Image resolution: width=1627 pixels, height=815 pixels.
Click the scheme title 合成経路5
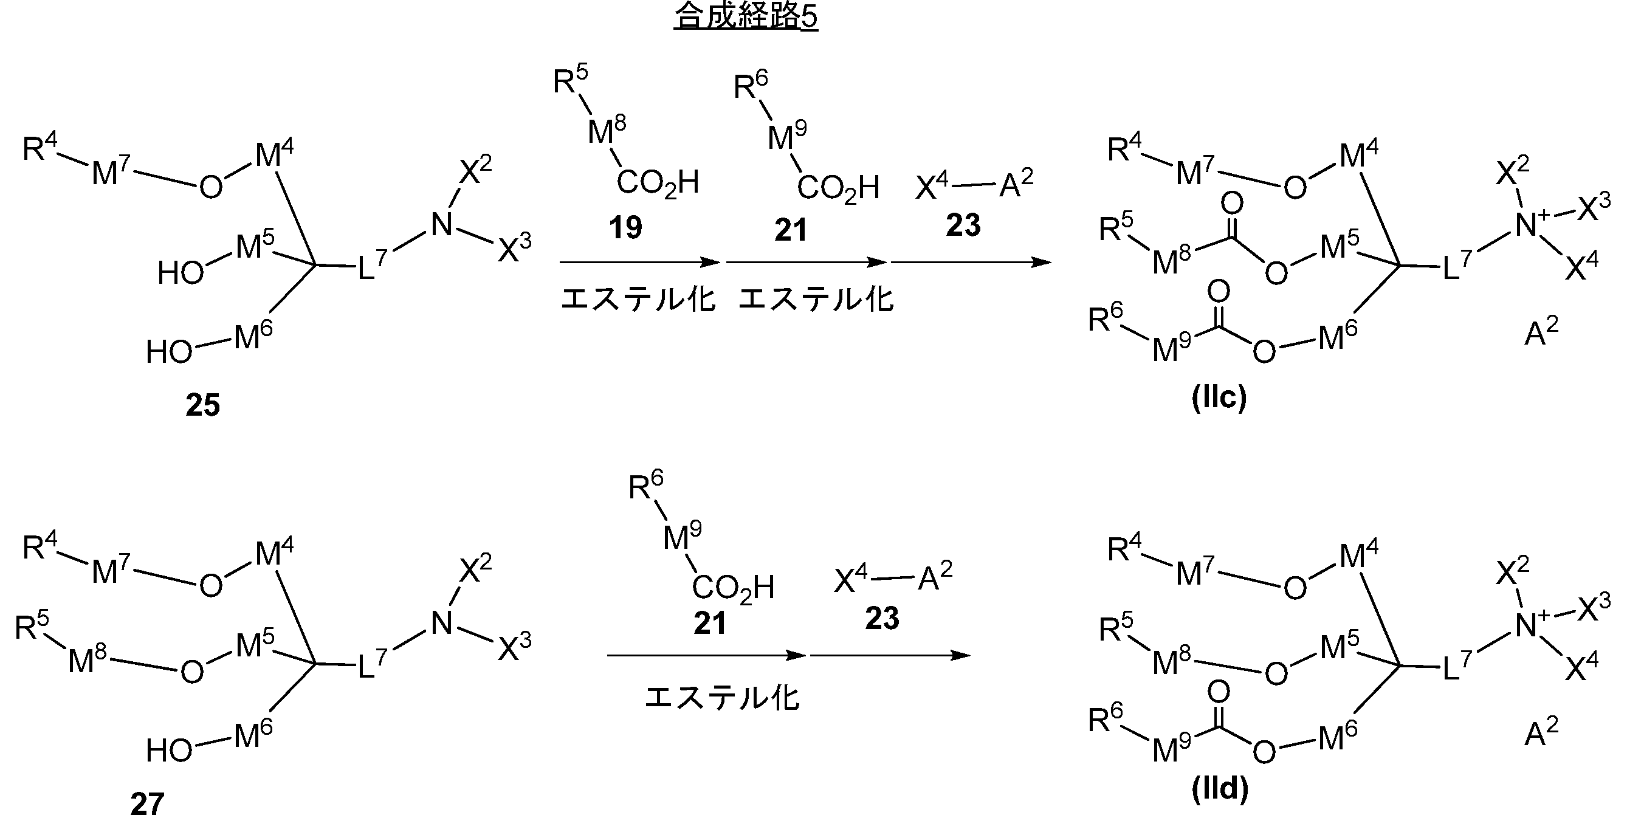(745, 17)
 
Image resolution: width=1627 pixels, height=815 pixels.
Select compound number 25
(203, 405)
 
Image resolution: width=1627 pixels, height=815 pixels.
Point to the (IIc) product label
(1219, 398)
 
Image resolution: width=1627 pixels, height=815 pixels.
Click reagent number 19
(625, 227)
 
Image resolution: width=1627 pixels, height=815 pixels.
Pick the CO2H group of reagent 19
(658, 183)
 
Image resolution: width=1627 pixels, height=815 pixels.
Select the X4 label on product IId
(1582, 667)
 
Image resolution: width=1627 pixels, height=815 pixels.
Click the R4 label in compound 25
(39, 149)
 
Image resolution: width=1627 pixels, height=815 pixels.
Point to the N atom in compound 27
(441, 624)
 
